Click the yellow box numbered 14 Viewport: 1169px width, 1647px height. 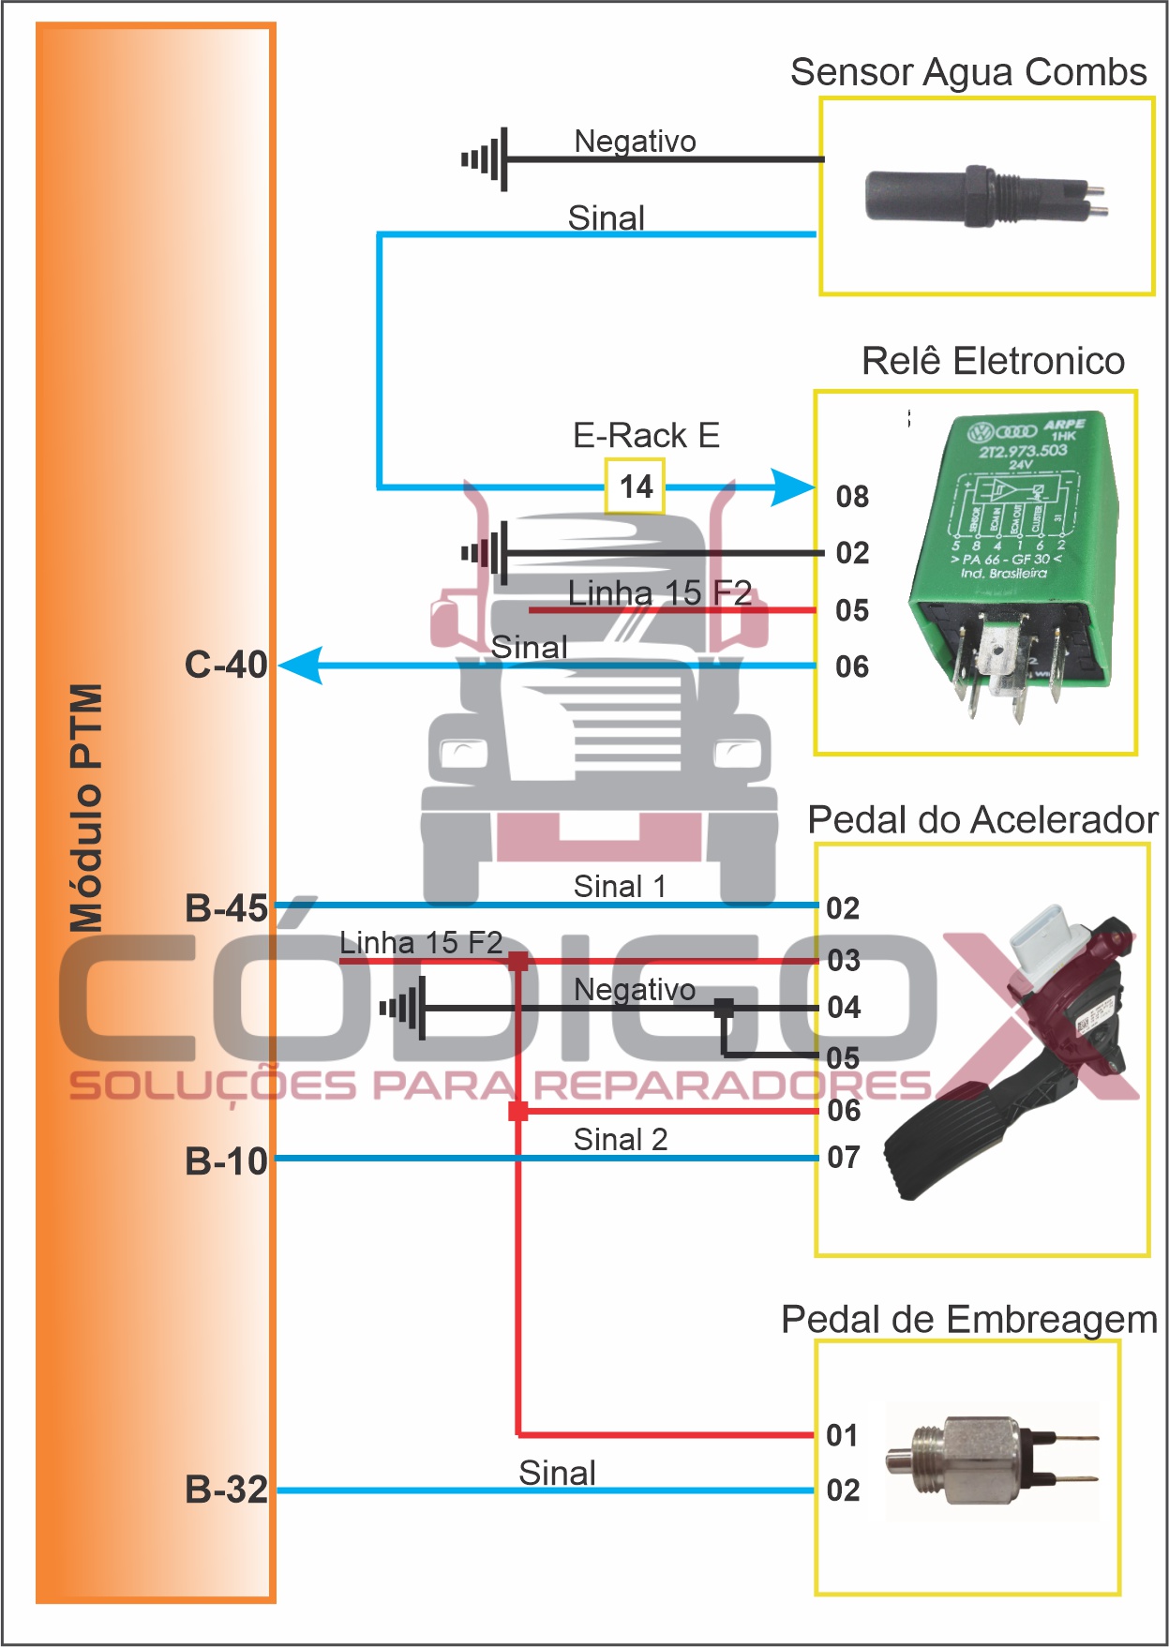pos(635,486)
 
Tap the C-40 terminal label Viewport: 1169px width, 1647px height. pos(226,665)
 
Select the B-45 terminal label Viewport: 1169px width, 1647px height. pos(226,907)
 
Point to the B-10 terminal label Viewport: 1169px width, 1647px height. pos(226,1160)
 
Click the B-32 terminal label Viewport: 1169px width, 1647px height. pos(226,1489)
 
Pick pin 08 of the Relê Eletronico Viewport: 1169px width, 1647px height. pos(852,496)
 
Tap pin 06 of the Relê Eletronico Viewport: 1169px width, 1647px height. pos(852,666)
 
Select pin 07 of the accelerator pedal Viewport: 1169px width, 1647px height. pos(844,1157)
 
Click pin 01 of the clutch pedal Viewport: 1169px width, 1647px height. pos(843,1434)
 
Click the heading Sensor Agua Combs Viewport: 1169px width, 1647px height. pos(968,72)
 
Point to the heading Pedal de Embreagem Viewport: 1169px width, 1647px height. pos(969,1319)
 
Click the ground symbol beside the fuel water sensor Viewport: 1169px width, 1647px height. pos(487,159)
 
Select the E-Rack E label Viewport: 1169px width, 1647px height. pos(646,435)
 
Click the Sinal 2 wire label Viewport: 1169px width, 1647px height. pos(621,1139)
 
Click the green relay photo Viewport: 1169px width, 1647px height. pos(1012,562)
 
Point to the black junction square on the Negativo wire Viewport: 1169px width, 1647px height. pos(724,1008)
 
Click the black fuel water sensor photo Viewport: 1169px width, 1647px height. pos(984,197)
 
